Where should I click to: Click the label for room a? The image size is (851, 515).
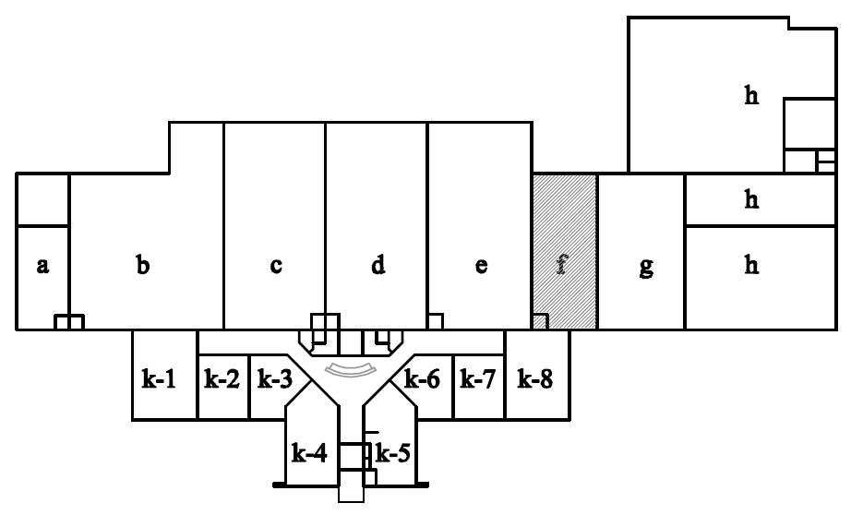[x=42, y=267]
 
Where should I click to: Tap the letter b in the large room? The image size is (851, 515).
[x=143, y=266]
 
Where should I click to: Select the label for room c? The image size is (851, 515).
[x=276, y=267]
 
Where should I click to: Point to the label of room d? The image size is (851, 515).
[x=378, y=266]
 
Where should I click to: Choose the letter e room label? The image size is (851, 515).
[x=481, y=267]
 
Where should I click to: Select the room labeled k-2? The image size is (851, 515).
[x=222, y=379]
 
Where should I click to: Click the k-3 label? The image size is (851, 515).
[x=274, y=379]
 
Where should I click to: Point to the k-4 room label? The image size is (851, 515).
[x=308, y=453]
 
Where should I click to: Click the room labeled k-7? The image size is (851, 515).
[x=478, y=379]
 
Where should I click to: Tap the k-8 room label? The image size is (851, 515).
[x=536, y=379]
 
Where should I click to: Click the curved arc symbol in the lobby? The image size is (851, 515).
[x=348, y=370]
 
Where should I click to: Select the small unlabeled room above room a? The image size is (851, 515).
[x=42, y=199]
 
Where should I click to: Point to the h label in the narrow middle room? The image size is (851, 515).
[x=752, y=199]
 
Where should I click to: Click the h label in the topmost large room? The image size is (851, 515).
[x=752, y=95]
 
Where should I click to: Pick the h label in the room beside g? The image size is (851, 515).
[x=752, y=267]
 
